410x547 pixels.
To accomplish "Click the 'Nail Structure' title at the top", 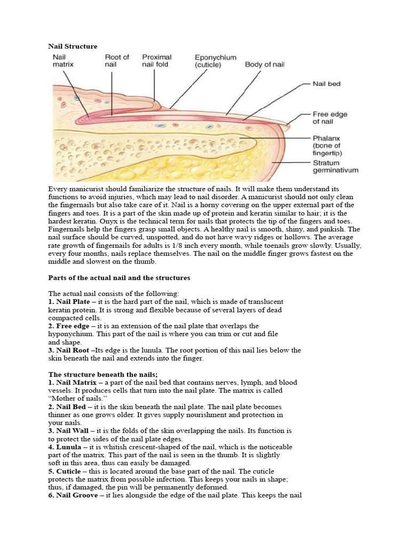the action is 73,46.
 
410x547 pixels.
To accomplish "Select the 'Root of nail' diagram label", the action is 117,60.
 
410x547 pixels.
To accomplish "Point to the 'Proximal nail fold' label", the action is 156,60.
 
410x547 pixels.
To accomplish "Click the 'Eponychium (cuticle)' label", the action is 211,60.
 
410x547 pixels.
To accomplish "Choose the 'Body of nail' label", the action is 264,65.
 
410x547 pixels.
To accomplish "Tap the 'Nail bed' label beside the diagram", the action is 327,84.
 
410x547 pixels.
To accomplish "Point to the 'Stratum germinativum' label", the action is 335,167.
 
